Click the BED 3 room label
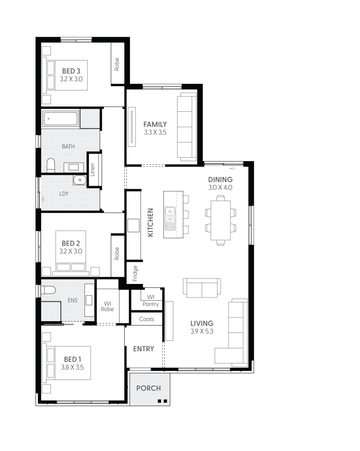click(x=71, y=71)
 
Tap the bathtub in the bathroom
click(x=61, y=118)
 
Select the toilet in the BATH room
click(x=51, y=165)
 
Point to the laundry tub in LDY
click(x=79, y=180)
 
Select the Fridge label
click(x=135, y=272)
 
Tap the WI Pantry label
click(x=150, y=300)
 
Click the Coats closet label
click(x=146, y=319)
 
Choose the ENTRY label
click(x=143, y=349)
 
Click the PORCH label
click(x=148, y=388)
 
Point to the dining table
click(x=221, y=220)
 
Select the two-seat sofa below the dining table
click(x=202, y=288)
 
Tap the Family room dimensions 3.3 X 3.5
click(x=155, y=133)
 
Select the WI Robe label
click(x=107, y=306)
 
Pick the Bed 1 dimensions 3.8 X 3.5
click(x=73, y=367)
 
